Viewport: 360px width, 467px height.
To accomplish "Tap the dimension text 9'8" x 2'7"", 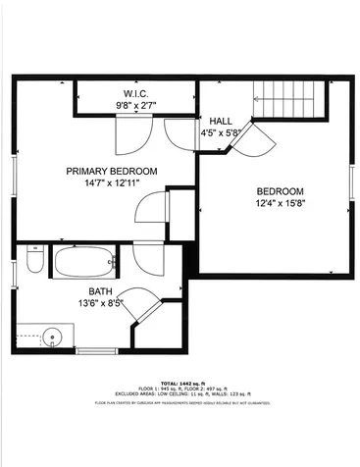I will [134, 103].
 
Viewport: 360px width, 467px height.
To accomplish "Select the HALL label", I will [221, 121].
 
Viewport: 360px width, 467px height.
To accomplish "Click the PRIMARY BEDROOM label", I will [111, 171].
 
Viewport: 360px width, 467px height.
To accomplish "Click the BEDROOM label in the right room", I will [281, 191].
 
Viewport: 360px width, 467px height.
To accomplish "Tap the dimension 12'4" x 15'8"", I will [281, 203].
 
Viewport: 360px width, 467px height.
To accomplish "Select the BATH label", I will [101, 291].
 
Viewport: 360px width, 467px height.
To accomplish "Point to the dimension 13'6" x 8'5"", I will [101, 303].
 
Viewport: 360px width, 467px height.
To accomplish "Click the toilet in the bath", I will [33, 261].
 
